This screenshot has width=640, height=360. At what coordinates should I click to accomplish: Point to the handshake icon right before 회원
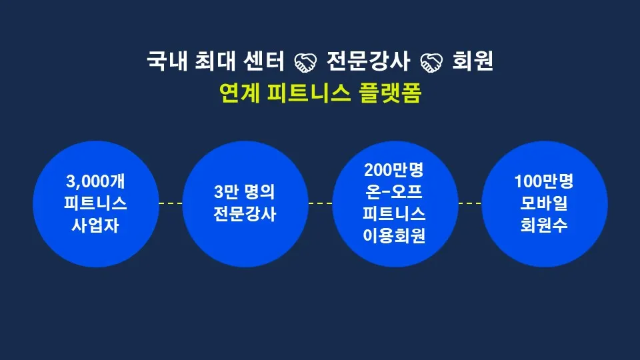click(x=431, y=63)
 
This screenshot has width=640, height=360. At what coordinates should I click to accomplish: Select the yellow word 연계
click(x=239, y=93)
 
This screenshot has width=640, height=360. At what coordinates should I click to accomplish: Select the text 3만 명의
click(x=245, y=193)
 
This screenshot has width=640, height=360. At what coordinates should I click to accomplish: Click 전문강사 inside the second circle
click(x=245, y=215)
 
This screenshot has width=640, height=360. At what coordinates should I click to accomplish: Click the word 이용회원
click(x=395, y=237)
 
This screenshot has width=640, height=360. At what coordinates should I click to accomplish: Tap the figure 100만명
click(x=545, y=181)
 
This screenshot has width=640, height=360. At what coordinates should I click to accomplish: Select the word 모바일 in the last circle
click(x=545, y=203)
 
